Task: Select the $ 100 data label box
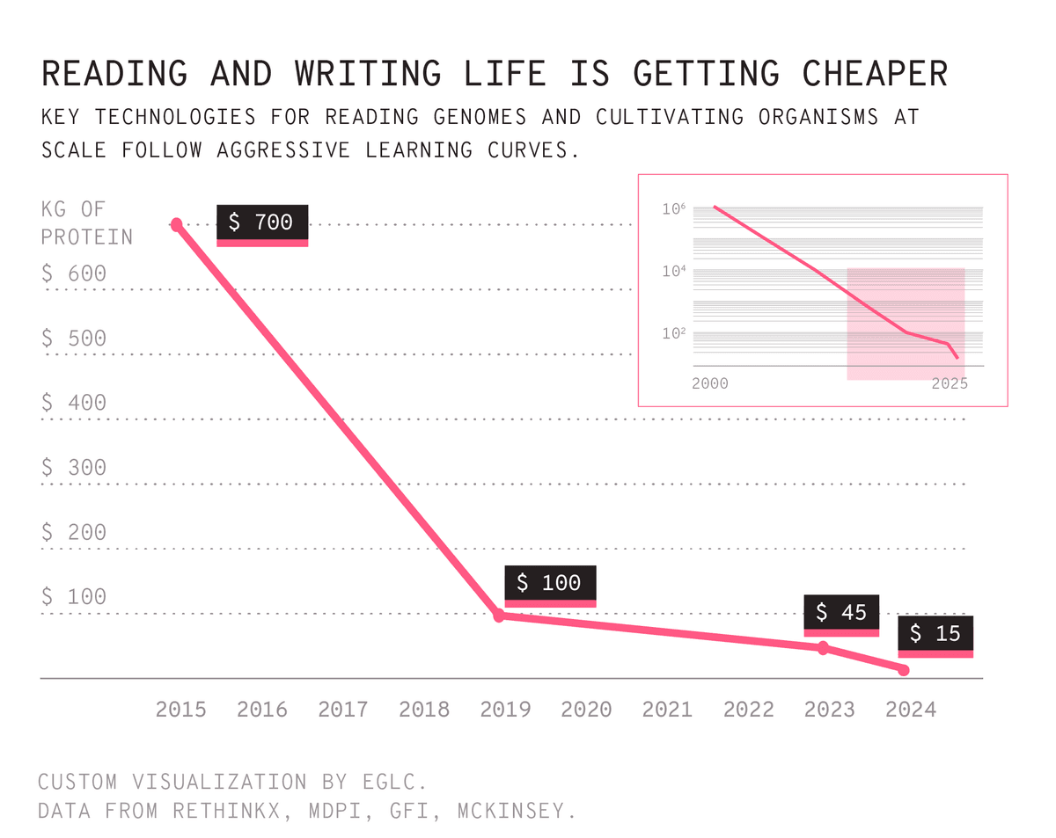[550, 584]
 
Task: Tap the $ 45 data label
[841, 613]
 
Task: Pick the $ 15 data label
[935, 634]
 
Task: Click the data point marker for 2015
[176, 224]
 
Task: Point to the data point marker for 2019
[499, 616]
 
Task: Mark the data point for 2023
[824, 648]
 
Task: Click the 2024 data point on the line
[904, 670]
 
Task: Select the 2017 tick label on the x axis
[343, 710]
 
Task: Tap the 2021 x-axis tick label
[667, 710]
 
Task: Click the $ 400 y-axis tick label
[74, 404]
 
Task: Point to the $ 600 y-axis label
[74, 274]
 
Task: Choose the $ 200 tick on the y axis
[74, 533]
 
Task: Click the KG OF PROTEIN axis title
[86, 223]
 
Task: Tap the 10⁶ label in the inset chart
[674, 209]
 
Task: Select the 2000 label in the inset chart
[710, 384]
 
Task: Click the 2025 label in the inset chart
[950, 384]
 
